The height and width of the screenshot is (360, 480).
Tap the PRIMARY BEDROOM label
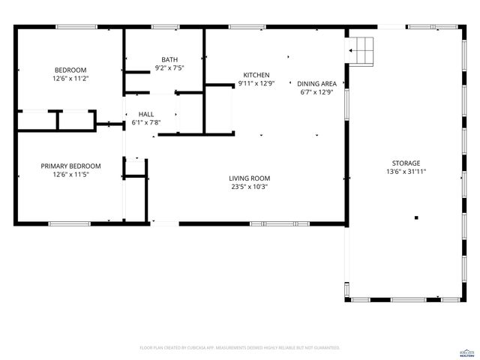[70, 166]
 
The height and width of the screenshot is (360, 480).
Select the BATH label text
[169, 59]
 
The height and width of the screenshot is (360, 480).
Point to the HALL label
[145, 113]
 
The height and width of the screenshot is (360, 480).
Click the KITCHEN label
[256, 75]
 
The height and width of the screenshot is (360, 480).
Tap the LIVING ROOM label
[249, 178]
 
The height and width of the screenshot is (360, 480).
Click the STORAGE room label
[406, 163]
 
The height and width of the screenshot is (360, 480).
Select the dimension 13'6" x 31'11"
[406, 172]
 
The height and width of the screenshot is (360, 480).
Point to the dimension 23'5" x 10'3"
[249, 187]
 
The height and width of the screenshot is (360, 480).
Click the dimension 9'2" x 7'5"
[169, 68]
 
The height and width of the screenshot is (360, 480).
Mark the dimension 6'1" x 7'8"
[145, 122]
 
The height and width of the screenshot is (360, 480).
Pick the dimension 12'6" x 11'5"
[70, 175]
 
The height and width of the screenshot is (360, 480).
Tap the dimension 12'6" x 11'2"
[70, 78]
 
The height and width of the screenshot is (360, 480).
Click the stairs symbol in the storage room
[361, 49]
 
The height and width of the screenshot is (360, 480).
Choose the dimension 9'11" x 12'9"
[256, 84]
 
